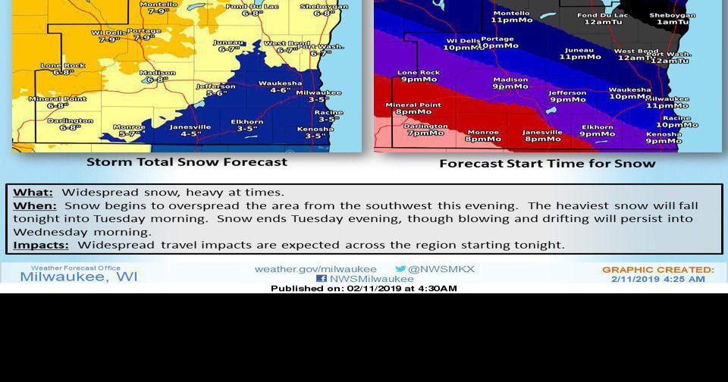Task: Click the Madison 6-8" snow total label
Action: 158,77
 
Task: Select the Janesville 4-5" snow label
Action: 190,130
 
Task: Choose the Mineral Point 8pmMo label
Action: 413,108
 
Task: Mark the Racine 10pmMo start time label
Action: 676,121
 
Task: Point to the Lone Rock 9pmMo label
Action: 419,76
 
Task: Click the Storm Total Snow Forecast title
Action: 187,161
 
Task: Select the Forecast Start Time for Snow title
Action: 548,163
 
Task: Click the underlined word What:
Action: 33,193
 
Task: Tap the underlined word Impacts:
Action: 41,245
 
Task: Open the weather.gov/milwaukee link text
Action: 315,269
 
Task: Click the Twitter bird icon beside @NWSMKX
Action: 400,269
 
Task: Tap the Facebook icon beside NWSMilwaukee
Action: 322,279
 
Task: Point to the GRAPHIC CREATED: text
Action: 658,269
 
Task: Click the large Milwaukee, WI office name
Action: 79,277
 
